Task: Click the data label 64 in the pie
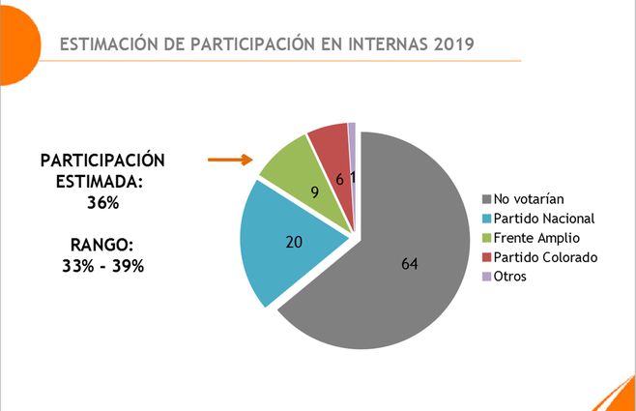[410, 263]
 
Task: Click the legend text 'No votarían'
[529, 198]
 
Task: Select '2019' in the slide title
[450, 44]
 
